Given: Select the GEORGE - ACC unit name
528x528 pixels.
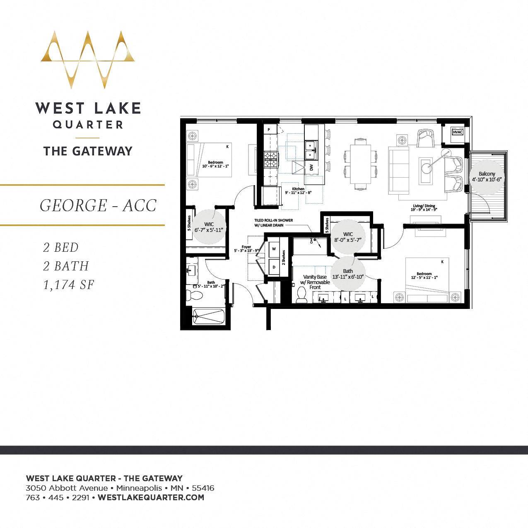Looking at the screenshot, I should pos(98,205).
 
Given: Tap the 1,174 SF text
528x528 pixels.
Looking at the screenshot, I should pos(69,285).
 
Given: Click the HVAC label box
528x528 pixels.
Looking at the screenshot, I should pos(457,132).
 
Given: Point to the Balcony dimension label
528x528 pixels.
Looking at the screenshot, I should pos(487,177).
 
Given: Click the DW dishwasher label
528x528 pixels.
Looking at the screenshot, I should pos(311,168).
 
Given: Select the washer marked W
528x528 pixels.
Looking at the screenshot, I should pos(274,249).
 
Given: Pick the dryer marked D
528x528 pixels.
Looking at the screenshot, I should pos(274,268).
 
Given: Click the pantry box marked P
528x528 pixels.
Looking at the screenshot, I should pos(269,130).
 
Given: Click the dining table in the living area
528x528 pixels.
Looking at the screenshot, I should pos(360,164).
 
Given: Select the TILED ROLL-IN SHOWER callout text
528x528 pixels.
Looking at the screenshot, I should pos(273,223).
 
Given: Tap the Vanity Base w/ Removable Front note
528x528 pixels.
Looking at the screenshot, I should pos(315,282).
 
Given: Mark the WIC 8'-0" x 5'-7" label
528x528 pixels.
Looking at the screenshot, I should pos(348,237).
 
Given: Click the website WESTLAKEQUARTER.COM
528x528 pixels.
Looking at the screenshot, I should pos(151,498).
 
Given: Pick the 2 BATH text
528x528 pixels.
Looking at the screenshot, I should pos(66,266).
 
